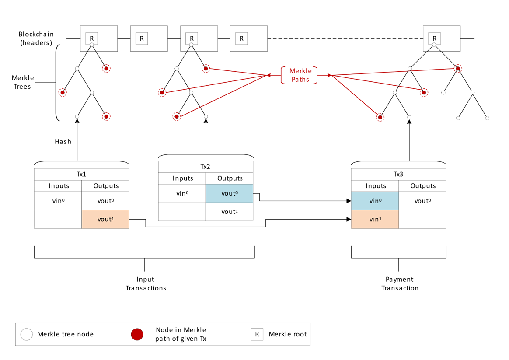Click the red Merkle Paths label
pyautogui.click(x=300, y=75)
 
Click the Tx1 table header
pyautogui.click(x=81, y=174)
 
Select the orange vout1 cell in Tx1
pyautogui.click(x=105, y=220)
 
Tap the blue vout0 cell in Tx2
pyautogui.click(x=229, y=193)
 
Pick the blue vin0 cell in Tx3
pyautogui.click(x=375, y=201)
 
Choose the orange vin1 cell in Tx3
pyautogui.click(x=375, y=220)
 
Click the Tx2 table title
pyautogui.click(x=206, y=167)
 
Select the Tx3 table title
pyautogui.click(x=398, y=174)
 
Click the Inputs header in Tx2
pyautogui.click(x=182, y=178)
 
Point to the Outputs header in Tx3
pyautogui.click(x=422, y=186)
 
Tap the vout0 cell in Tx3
pyautogui.click(x=422, y=201)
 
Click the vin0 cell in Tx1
pyautogui.click(x=58, y=201)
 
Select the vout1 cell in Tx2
pyautogui.click(x=229, y=212)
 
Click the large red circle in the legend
pyautogui.click(x=137, y=335)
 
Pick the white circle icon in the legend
pyautogui.click(x=27, y=335)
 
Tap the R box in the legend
pyautogui.click(x=257, y=334)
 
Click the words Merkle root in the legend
pyautogui.click(x=287, y=334)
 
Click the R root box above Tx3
pyautogui.click(x=434, y=38)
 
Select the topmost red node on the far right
pyautogui.click(x=457, y=69)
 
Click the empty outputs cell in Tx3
pyautogui.click(x=422, y=220)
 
